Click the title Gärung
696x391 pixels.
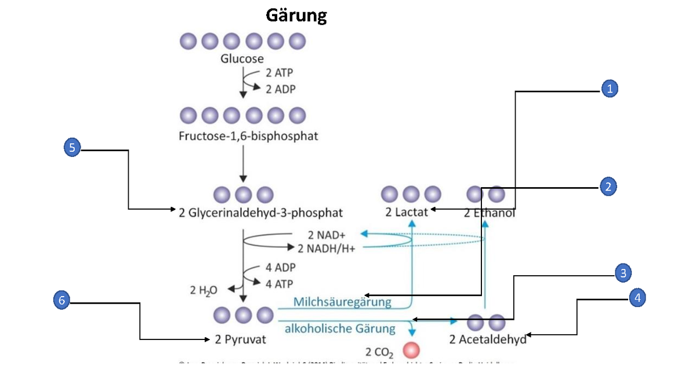pyautogui.click(x=296, y=15)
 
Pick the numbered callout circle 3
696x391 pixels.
pyautogui.click(x=622, y=273)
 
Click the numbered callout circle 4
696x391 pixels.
pyautogui.click(x=637, y=298)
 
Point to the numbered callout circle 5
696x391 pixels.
pyautogui.click(x=72, y=148)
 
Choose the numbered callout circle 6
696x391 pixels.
pyautogui.click(x=61, y=300)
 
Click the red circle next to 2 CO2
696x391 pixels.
pyautogui.click(x=411, y=350)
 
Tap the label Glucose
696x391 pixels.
pyautogui.click(x=242, y=59)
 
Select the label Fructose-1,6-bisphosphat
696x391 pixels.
pyautogui.click(x=248, y=137)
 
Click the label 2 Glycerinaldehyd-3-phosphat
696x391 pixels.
pyautogui.click(x=261, y=213)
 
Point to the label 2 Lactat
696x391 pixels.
pyautogui.click(x=407, y=212)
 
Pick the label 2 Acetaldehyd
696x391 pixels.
pyautogui.click(x=488, y=339)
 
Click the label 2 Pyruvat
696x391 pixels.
pyautogui.click(x=240, y=339)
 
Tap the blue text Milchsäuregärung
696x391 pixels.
pyautogui.click(x=342, y=302)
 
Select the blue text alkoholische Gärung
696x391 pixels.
pyautogui.click(x=340, y=329)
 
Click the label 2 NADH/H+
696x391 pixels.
pyautogui.click(x=326, y=249)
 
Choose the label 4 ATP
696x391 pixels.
pyautogui.click(x=280, y=284)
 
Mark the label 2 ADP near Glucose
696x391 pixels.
pyautogui.click(x=280, y=89)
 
